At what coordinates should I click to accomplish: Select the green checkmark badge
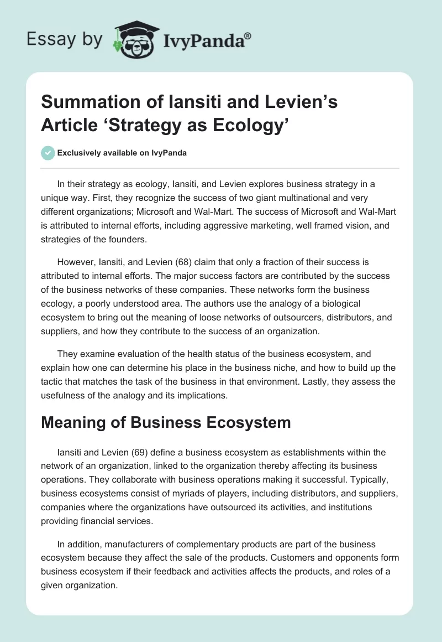48,153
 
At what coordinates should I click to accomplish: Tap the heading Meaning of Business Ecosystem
166,422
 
